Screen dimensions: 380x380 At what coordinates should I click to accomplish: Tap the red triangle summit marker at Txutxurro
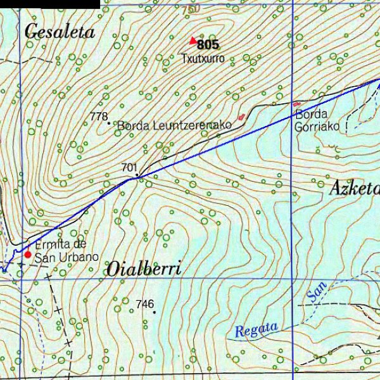(x=193, y=41)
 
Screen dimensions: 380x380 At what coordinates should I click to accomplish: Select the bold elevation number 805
(x=208, y=45)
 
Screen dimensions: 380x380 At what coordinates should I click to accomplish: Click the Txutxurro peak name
(x=203, y=58)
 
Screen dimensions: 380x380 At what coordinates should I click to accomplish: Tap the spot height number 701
(x=129, y=167)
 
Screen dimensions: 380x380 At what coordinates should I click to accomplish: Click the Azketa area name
(x=354, y=188)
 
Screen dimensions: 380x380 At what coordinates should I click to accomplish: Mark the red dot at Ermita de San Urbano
(x=27, y=254)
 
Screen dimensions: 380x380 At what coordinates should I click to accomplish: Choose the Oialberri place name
(x=144, y=269)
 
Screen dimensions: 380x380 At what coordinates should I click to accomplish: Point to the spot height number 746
(x=144, y=305)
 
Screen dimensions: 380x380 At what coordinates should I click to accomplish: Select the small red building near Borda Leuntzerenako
(x=241, y=117)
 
